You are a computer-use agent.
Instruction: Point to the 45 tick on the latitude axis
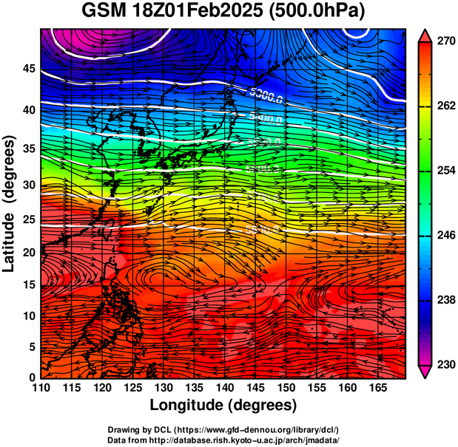tap(27, 69)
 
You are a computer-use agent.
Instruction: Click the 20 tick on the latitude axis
tap(27, 253)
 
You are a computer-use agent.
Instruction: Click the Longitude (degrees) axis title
tap(223, 406)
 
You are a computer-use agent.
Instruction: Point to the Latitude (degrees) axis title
tap(10, 203)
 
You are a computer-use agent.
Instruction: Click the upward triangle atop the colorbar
tap(425, 35)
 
